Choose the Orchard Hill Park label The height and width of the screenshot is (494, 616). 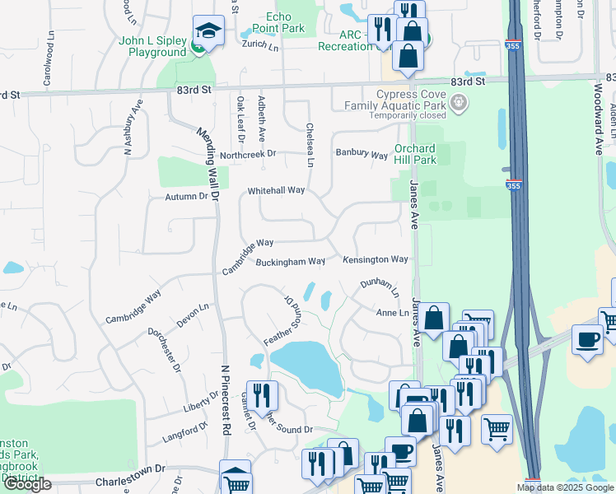click(426, 154)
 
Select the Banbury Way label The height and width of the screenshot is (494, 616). click(362, 154)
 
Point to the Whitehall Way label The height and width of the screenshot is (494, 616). click(277, 191)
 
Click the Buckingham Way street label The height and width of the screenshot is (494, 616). click(290, 262)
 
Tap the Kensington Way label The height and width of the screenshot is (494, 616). click(376, 259)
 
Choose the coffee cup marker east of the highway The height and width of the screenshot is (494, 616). click(588, 342)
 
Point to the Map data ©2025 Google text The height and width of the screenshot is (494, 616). click(564, 487)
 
